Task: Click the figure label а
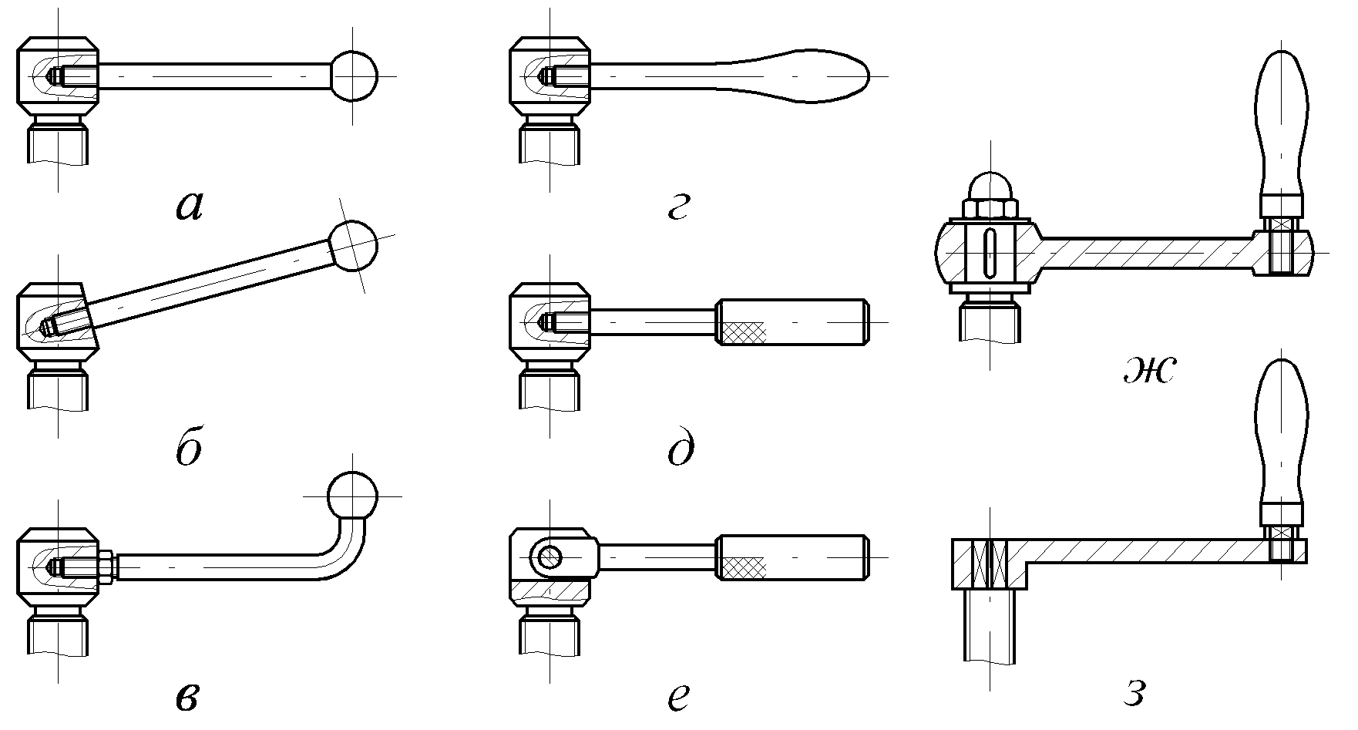(190, 206)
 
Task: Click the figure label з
(1133, 695)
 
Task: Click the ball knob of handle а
(355, 76)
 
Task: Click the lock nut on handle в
(106, 566)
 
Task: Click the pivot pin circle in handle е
(550, 556)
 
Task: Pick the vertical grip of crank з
(1282, 432)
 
